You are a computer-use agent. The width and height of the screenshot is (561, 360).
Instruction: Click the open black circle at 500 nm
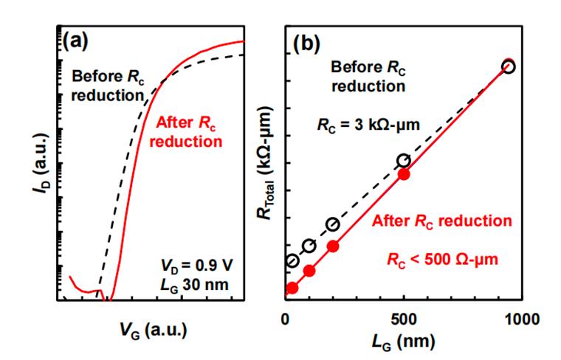pos(403,160)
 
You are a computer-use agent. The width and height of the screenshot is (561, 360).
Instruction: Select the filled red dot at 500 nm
pos(404,175)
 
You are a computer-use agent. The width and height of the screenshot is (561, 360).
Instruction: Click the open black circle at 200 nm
pos(332,224)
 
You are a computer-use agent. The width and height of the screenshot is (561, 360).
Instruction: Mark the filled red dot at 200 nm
pos(333,246)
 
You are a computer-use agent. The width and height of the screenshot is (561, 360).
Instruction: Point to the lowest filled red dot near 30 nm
pos(292,288)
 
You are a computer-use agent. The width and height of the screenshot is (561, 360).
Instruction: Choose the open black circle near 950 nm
pos(508,66)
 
